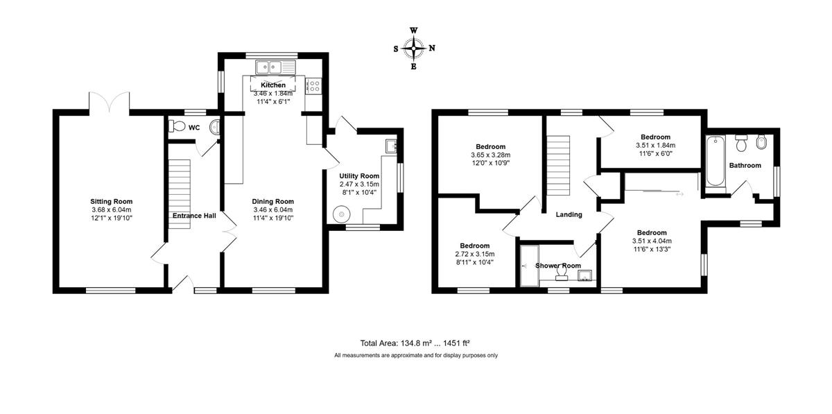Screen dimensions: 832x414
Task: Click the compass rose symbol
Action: tap(413, 49)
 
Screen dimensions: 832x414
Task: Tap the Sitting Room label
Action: tap(112, 201)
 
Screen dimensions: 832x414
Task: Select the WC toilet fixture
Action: tap(177, 126)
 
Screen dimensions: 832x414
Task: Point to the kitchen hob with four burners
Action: tap(313, 86)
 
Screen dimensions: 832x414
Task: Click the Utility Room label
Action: tap(359, 175)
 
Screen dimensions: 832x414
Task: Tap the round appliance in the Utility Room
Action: tap(342, 214)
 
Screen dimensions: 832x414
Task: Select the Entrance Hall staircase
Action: tap(180, 194)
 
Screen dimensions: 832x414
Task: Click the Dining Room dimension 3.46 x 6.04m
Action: tap(273, 209)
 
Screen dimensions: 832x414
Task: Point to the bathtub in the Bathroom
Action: tap(716, 161)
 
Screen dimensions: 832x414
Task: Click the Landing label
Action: tap(569, 214)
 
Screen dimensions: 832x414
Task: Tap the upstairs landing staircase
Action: tap(558, 165)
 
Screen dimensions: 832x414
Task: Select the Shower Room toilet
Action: tap(561, 274)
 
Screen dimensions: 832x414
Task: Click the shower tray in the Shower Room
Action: tap(529, 266)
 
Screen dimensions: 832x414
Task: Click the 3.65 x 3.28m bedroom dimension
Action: tap(491, 155)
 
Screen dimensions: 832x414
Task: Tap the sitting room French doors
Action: tap(110, 101)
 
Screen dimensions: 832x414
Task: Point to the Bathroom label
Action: tap(745, 165)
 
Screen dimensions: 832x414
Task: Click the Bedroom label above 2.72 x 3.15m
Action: tap(475, 245)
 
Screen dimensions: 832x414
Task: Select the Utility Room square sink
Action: tap(391, 146)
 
